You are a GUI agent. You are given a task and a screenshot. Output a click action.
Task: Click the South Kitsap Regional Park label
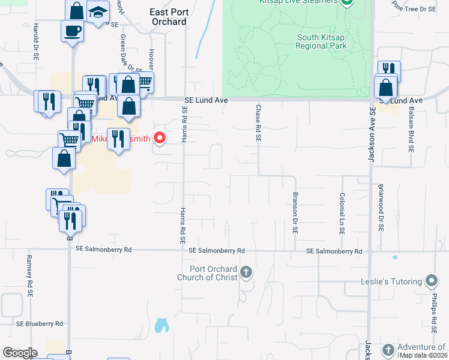(322, 41)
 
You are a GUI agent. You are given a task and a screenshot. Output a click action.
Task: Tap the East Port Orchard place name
(168, 16)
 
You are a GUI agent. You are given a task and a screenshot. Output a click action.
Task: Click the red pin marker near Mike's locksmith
(160, 138)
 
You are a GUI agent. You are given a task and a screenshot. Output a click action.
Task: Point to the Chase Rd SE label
(258, 123)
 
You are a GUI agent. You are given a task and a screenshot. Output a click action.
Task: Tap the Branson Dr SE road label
(295, 212)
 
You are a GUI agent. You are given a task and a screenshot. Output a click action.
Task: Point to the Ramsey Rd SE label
(28, 275)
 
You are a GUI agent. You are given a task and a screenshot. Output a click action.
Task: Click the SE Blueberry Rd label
(39, 323)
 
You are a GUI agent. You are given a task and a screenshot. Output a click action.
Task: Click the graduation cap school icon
(97, 12)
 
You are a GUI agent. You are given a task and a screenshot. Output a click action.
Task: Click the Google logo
(20, 353)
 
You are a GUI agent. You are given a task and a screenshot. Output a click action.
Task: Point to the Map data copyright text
(423, 355)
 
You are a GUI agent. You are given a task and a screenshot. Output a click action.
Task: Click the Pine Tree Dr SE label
(414, 9)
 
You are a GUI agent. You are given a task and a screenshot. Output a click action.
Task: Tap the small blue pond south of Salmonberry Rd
(161, 326)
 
